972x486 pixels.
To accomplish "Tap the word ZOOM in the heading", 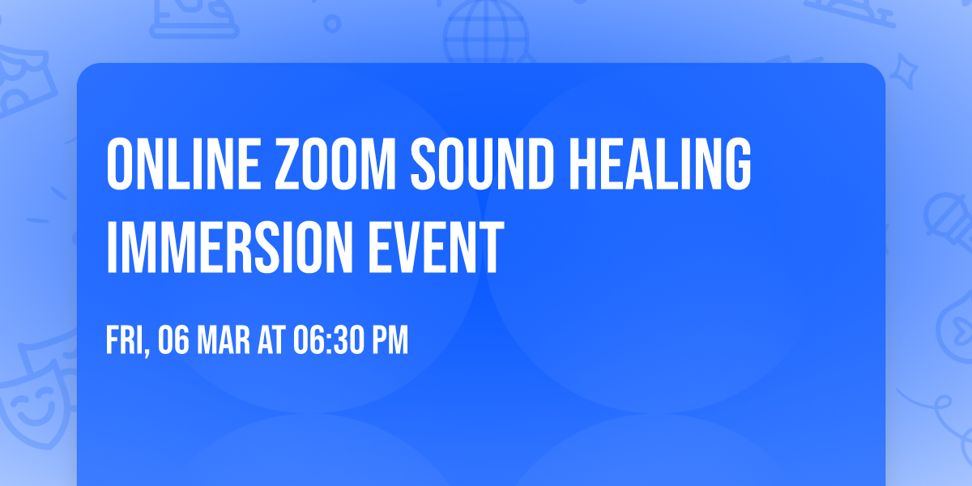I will [x=313, y=165].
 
